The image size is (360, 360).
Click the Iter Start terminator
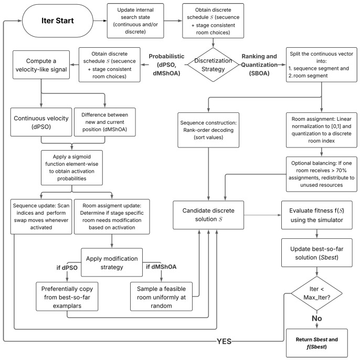tap(58, 20)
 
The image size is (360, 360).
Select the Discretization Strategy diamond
tap(213, 65)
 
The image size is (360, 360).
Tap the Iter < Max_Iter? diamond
tap(317, 293)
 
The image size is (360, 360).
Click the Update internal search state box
tap(135, 20)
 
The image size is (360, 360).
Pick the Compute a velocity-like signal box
tap(41, 65)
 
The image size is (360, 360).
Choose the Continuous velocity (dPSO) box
tap(41, 122)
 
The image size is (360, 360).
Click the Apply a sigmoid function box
tap(72, 167)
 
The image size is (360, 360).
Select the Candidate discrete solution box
tap(208, 215)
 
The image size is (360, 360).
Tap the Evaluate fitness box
tap(317, 215)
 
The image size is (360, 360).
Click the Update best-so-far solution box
tap(317, 253)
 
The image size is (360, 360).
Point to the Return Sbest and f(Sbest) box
tap(317, 343)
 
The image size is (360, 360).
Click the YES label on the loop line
tap(224, 342)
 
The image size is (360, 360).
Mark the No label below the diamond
tap(317, 319)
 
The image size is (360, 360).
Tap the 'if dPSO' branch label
tap(67, 268)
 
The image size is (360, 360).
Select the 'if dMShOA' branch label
tap(161, 267)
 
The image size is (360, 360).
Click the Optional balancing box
tap(321, 174)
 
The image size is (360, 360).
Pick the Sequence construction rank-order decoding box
tap(208, 130)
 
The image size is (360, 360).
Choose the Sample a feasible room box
tap(161, 297)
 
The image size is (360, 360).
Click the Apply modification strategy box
tap(112, 262)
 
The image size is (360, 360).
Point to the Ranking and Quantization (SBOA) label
tap(259, 65)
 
